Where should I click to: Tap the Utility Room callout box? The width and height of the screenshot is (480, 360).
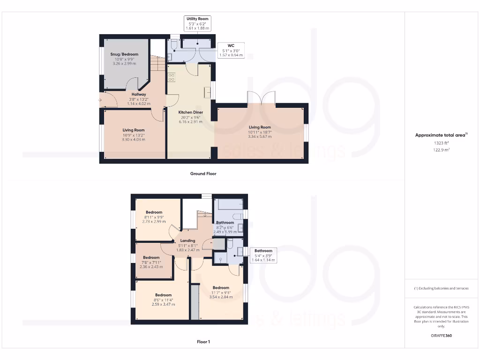click(197, 23)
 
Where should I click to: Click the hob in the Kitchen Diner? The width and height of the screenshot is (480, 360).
click(172, 77)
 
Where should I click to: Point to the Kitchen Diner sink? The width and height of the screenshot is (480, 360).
click(207, 93)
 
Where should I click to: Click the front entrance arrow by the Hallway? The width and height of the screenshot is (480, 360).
click(101, 99)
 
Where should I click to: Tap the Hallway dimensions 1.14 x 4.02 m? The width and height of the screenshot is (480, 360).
click(138, 104)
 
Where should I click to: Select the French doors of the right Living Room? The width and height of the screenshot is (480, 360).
click(261, 98)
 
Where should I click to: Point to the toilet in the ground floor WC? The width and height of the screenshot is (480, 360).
click(173, 45)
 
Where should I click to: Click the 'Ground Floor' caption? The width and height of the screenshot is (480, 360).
click(203, 173)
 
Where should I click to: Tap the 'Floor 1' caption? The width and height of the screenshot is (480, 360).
click(203, 342)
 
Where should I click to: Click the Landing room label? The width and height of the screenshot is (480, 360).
click(187, 241)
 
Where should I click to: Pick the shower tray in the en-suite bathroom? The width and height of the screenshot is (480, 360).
click(220, 258)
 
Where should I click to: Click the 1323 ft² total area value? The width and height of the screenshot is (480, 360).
click(441, 142)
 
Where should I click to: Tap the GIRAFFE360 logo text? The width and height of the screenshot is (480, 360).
click(441, 336)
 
